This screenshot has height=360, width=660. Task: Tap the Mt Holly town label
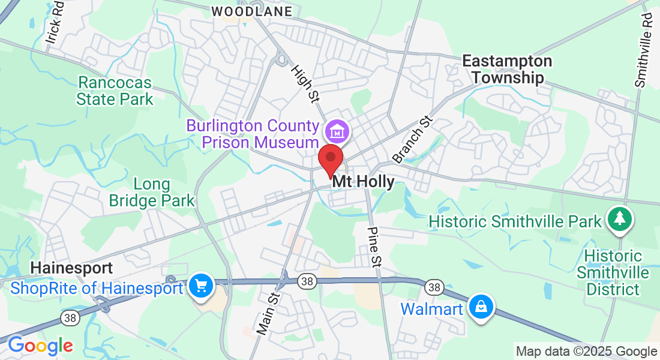coord(364,182)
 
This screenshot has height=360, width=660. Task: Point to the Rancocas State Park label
coord(115,90)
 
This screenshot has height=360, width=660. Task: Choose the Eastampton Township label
coord(507,70)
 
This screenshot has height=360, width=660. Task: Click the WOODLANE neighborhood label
coord(252,11)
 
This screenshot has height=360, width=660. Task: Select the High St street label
coord(304,83)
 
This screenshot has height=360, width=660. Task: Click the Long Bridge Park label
coord(152,192)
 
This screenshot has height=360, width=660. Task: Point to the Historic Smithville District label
coord(612,273)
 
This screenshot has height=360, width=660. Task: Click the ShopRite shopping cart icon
coord(200,286)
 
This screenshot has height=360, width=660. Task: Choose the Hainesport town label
coord(72,267)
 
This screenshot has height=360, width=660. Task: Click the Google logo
coord(40,346)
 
